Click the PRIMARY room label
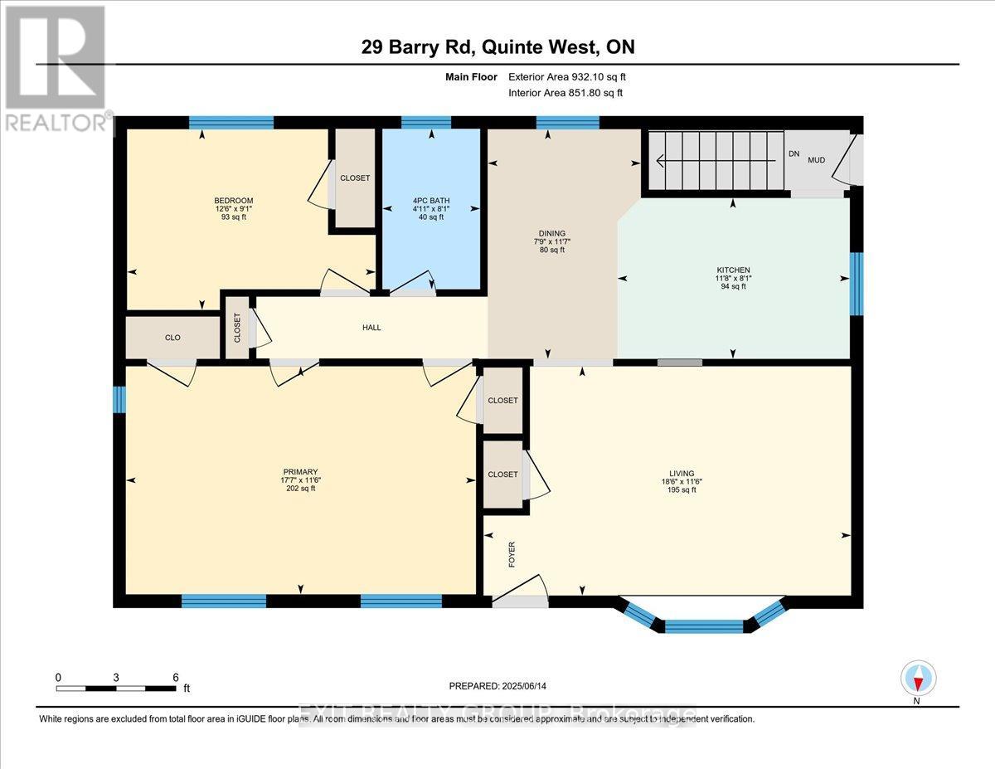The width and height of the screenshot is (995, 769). coord(299,472)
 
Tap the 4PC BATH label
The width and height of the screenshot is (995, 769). coord(430,199)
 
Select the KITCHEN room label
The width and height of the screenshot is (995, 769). coord(733,270)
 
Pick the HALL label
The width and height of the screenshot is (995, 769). coord(371,328)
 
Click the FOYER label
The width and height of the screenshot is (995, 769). coord(512,553)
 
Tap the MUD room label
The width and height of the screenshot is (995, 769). coord(817,159)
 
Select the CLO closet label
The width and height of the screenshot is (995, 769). coord(172,338)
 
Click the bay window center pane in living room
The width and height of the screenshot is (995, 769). coord(704,626)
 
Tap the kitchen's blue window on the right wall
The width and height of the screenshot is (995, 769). coord(857,284)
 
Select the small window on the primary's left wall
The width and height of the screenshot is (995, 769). coord(119,400)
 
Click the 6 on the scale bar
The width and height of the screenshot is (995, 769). coord(175,677)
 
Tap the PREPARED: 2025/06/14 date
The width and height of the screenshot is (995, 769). coord(498,686)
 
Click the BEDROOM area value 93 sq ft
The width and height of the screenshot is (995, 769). coord(233,217)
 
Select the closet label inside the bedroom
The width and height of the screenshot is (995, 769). coord(355,178)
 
